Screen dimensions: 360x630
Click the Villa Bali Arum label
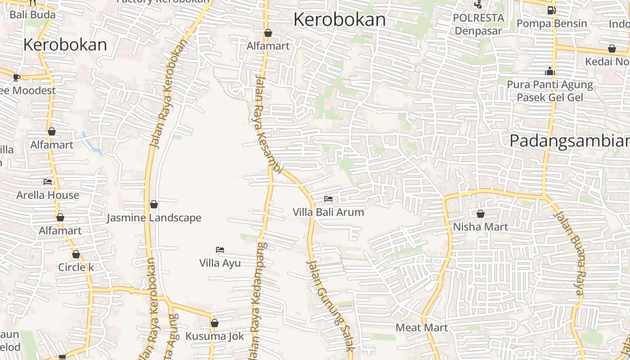click(x=328, y=212)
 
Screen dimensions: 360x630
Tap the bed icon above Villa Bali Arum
click(x=328, y=198)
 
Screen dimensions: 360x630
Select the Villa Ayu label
click(x=220, y=263)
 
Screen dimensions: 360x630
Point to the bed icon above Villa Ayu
click(x=220, y=249)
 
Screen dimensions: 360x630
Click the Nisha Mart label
click(x=480, y=226)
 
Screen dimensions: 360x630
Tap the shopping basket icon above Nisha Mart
click(x=481, y=214)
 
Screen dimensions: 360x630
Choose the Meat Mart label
click(x=422, y=328)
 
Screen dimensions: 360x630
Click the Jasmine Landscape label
click(x=154, y=218)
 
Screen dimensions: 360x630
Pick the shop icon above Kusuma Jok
click(x=215, y=323)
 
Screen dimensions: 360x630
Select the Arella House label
click(x=48, y=195)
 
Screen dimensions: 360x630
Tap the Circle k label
click(x=76, y=267)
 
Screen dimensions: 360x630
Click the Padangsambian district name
click(x=569, y=141)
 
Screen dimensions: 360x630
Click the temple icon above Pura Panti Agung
click(x=549, y=71)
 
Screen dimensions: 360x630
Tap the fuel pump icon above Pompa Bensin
click(x=551, y=10)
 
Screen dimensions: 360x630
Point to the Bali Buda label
click(x=32, y=14)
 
